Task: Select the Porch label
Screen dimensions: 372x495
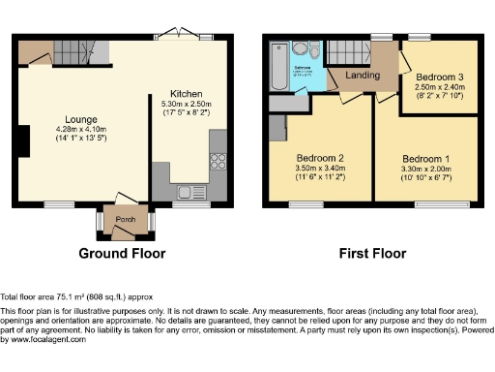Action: click(125, 219)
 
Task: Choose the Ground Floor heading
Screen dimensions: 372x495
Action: click(122, 254)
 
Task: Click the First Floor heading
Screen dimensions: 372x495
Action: click(370, 254)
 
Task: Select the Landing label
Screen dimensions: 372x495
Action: click(362, 76)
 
